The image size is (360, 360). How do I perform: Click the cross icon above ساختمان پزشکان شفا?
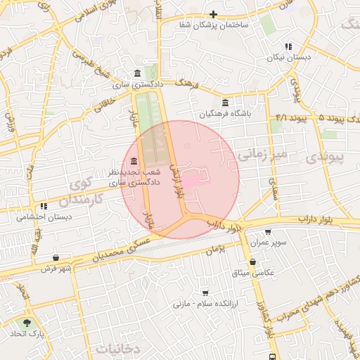(213, 14)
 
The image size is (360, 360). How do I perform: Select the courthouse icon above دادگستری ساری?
(136, 73)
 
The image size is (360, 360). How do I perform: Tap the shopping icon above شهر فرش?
(56, 258)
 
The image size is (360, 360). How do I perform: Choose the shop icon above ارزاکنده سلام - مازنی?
(205, 292)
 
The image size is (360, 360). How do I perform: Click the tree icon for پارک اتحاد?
(27, 323)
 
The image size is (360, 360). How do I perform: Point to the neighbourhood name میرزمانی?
(262, 153)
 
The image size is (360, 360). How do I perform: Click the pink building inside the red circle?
(193, 177)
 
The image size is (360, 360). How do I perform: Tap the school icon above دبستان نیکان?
(287, 46)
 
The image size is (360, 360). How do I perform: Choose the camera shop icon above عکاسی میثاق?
(252, 262)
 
